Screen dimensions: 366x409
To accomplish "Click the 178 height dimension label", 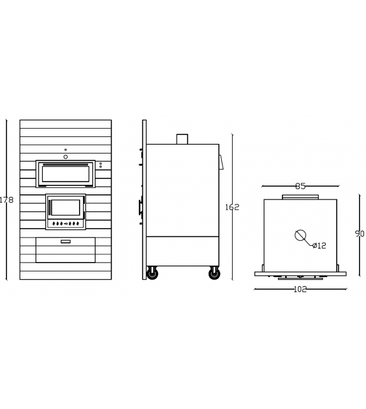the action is (x=6, y=200).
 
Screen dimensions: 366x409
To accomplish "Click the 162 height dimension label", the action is (x=232, y=207).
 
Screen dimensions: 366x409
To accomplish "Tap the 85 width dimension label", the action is (x=300, y=186).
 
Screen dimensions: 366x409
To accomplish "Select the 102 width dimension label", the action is (x=300, y=289).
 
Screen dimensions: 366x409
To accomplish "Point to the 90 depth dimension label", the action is (x=360, y=234).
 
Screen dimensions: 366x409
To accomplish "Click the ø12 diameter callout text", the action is (x=319, y=245).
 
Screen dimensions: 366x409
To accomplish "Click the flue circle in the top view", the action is (x=300, y=235).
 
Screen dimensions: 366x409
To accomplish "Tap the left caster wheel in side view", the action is (x=152, y=274).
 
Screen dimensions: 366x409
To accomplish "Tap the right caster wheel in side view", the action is (x=214, y=274).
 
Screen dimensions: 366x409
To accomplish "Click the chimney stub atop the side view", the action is (x=182, y=139).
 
